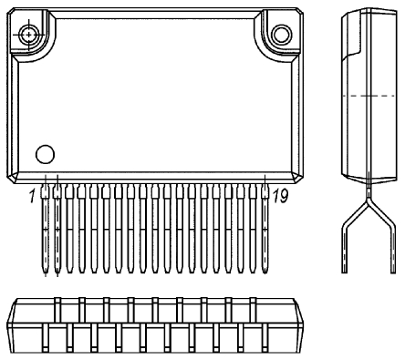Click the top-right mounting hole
click(282, 35)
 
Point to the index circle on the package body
click(44, 152)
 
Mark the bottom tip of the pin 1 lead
click(45, 271)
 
